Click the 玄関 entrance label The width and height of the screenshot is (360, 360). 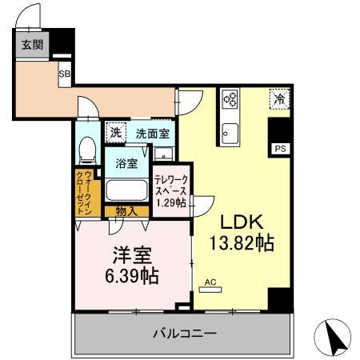26,43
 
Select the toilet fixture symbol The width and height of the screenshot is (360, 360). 89,149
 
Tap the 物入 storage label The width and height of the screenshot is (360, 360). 125,211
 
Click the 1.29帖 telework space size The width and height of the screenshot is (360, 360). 170,204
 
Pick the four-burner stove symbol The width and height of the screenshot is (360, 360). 230,100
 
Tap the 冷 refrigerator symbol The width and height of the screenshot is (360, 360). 279,99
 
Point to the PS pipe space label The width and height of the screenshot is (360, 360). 279,149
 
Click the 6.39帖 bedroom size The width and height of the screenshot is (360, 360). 131,276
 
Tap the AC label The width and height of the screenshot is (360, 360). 210,282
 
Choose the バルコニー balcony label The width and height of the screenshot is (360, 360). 184,333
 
